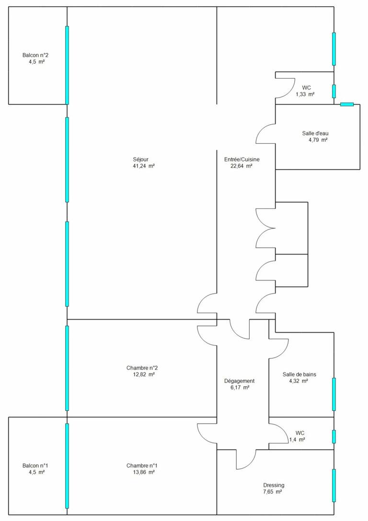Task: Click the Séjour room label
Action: point(140,160)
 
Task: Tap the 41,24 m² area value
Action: point(143,166)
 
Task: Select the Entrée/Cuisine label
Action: point(242,160)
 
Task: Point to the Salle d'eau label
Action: point(315,134)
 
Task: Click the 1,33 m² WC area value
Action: point(305,94)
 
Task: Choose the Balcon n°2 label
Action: point(35,56)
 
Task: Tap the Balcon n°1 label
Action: point(35,466)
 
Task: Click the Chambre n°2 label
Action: point(142,368)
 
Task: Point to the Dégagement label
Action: point(240,381)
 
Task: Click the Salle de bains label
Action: point(299,374)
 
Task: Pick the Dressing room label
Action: point(274,486)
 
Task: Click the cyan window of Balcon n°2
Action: point(67,65)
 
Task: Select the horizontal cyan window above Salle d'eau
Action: point(347,104)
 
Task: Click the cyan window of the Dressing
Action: point(334,486)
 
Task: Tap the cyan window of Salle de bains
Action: point(334,394)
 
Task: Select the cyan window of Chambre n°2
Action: point(67,368)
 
